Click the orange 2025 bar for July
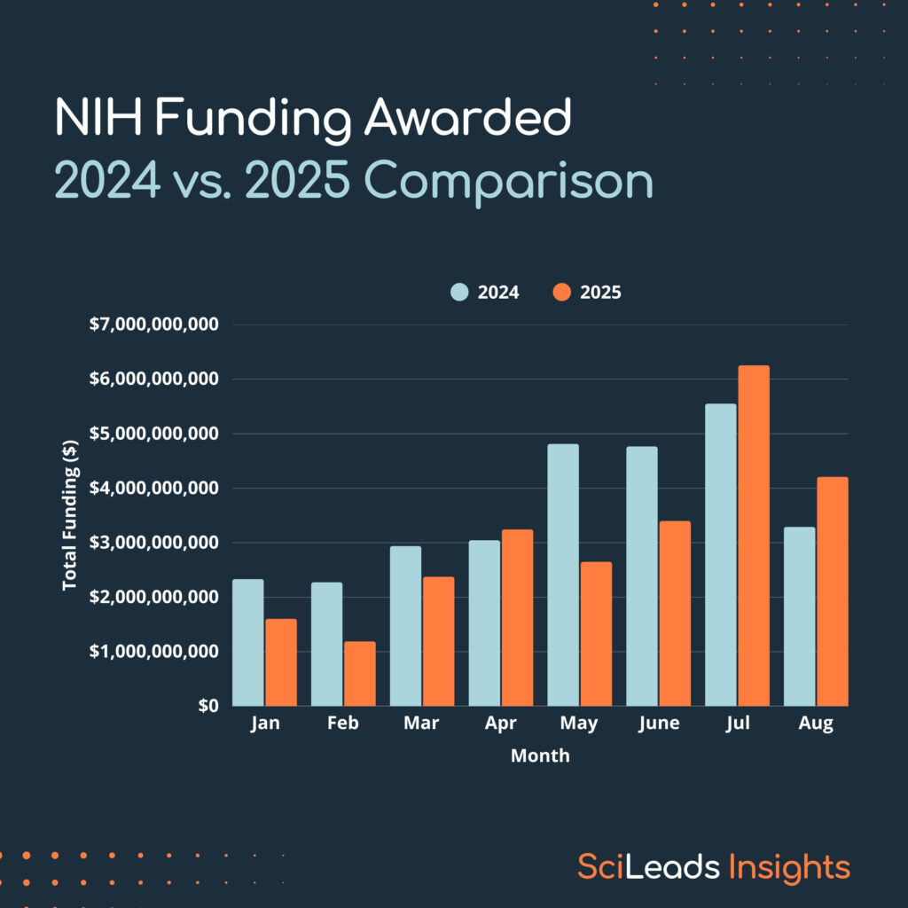pyautogui.click(x=754, y=536)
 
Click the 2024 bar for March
pyautogui.click(x=405, y=626)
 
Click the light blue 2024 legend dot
pyautogui.click(x=459, y=293)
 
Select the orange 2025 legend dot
pyautogui.click(x=562, y=293)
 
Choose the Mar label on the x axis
pyautogui.click(x=421, y=724)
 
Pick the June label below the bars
pyautogui.click(x=658, y=724)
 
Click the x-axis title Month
pyautogui.click(x=540, y=756)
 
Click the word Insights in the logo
pyautogui.click(x=789, y=866)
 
